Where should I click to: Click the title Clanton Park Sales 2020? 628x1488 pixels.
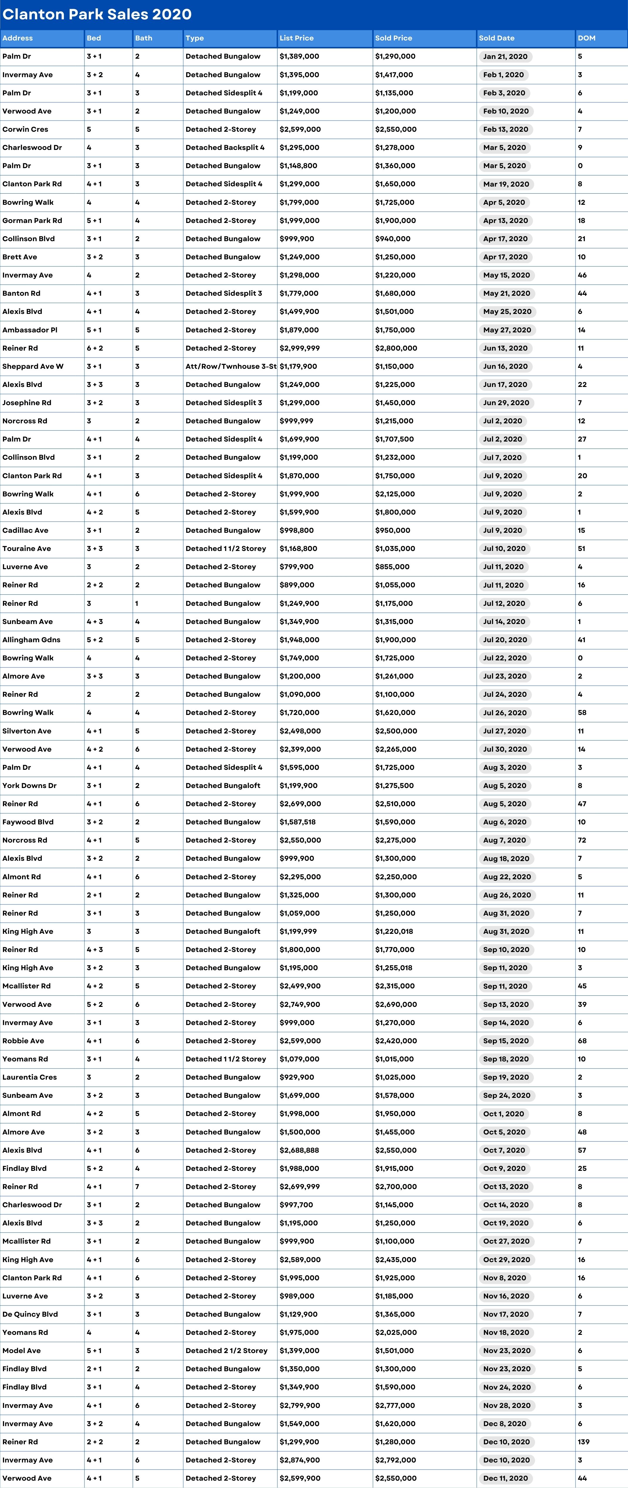tap(97, 14)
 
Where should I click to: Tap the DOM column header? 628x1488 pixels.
tap(586, 38)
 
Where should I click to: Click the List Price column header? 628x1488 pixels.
tap(297, 38)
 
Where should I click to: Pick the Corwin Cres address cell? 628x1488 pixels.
tap(26, 129)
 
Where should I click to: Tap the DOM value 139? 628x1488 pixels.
tap(583, 1442)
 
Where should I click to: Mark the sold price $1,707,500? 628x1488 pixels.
tap(394, 439)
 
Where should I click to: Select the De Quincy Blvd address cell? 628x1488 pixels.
tap(30, 1314)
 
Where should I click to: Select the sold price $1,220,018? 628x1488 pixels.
tap(396, 931)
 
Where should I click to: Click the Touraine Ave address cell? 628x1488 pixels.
tap(27, 549)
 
